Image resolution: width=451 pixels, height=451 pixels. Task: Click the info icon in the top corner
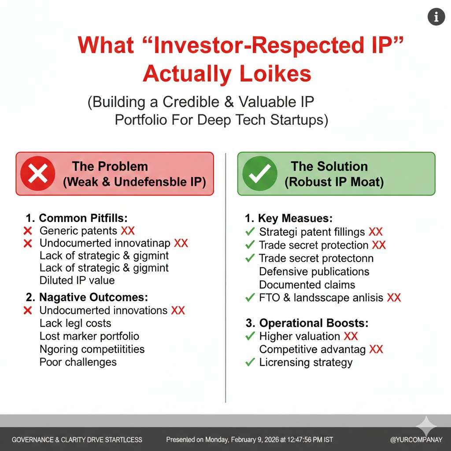(x=436, y=17)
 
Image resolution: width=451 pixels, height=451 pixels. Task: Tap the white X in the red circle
(x=38, y=174)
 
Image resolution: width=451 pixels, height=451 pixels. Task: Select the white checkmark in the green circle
(x=259, y=174)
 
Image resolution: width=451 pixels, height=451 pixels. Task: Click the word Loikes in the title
(x=275, y=74)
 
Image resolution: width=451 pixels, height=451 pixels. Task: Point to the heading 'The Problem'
(x=110, y=166)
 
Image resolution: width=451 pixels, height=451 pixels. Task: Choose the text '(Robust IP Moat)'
(x=334, y=182)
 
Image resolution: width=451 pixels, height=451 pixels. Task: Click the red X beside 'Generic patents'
(x=28, y=231)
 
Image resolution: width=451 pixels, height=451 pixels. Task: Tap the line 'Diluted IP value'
(x=77, y=280)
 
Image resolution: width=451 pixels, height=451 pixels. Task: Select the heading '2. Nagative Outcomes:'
(x=87, y=297)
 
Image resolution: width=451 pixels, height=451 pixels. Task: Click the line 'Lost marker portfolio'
(x=89, y=336)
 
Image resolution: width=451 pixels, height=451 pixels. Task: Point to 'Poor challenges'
(x=78, y=362)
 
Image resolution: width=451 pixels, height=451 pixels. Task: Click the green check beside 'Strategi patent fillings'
(x=250, y=232)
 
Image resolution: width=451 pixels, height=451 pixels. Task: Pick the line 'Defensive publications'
(x=314, y=271)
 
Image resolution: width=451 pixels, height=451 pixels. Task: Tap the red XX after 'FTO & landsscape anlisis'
(x=394, y=297)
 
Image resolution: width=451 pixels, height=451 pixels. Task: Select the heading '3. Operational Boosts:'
(x=307, y=323)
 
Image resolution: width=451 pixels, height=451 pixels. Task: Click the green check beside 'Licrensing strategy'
(x=250, y=362)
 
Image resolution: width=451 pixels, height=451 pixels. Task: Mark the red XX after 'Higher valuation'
(x=351, y=336)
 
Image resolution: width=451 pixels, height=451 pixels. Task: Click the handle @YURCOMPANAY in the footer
(x=416, y=440)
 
